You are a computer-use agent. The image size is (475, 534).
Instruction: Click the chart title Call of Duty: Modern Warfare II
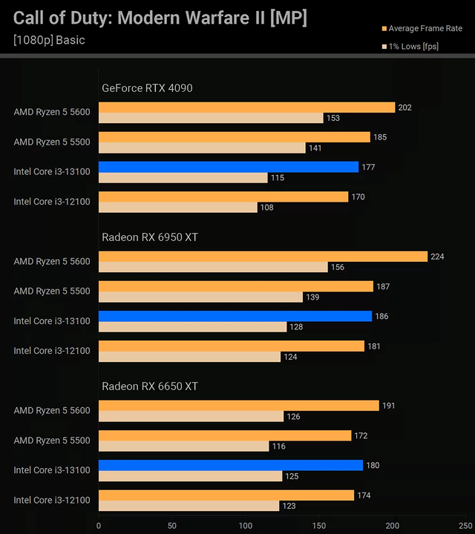pos(160,19)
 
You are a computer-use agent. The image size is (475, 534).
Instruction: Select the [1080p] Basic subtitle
pos(49,40)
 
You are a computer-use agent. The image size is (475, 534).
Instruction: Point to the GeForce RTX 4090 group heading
pos(147,88)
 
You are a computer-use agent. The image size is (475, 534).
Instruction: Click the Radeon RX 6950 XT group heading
pos(150,237)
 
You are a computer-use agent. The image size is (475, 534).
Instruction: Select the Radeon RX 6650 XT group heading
pos(150,386)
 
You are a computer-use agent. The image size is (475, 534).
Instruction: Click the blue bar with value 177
pos(229,167)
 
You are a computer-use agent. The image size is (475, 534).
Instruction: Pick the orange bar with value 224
pos(263,257)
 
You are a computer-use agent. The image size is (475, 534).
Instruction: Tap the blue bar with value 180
pos(231,465)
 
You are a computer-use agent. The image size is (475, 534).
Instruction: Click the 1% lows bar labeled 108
pos(178,208)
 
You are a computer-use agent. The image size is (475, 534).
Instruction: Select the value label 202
pos(404,108)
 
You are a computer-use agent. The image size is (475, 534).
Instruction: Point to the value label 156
pos(337,267)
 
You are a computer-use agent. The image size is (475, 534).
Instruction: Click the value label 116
pos(278,446)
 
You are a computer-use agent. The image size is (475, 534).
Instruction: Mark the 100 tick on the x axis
pos(246,525)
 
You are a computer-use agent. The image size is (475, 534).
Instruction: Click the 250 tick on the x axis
pos(465,525)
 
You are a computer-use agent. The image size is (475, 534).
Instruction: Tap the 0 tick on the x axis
pos(99,525)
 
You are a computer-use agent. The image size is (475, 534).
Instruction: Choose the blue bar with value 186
pos(235,316)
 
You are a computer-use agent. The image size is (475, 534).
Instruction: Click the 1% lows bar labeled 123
pos(189,506)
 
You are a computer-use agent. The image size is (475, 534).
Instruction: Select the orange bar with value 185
pos(235,137)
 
